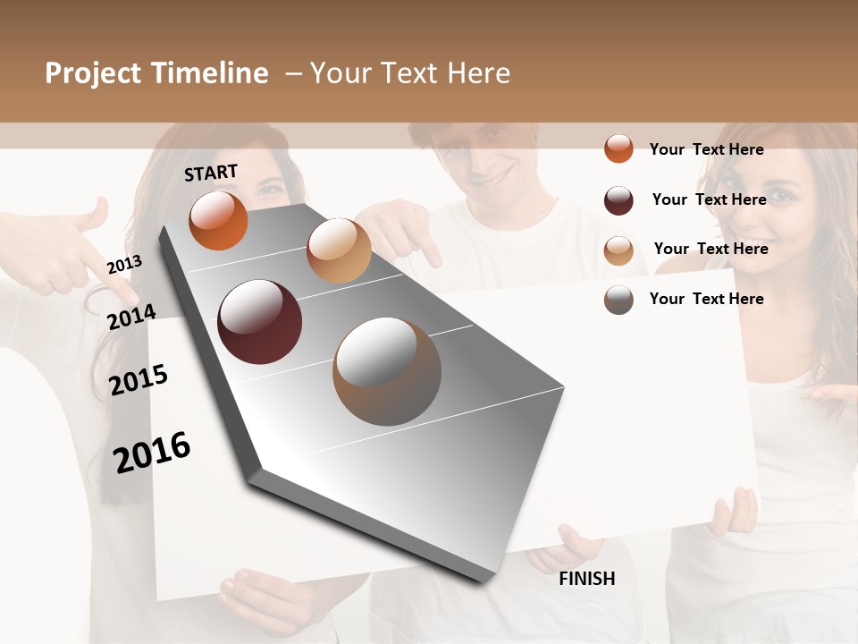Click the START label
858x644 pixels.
point(211,173)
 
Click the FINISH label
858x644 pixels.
point(587,579)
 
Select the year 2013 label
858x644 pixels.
point(124,265)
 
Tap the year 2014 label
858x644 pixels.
point(131,317)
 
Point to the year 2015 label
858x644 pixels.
point(139,380)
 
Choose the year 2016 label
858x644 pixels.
point(152,452)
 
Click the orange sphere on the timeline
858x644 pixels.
point(218,220)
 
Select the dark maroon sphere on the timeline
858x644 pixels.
point(259,322)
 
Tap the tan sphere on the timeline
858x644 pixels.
point(339,250)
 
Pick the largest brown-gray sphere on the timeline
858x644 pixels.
point(387,371)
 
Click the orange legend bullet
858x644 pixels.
point(618,148)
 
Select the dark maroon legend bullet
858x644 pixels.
point(618,200)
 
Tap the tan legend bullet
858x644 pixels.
point(618,250)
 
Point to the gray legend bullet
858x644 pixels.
point(618,300)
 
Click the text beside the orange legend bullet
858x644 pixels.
point(706,149)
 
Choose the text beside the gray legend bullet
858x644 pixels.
point(706,299)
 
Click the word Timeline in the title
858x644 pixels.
point(210,73)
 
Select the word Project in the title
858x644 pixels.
point(94,73)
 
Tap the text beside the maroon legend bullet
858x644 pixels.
point(709,199)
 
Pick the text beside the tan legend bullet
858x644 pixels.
point(711,249)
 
